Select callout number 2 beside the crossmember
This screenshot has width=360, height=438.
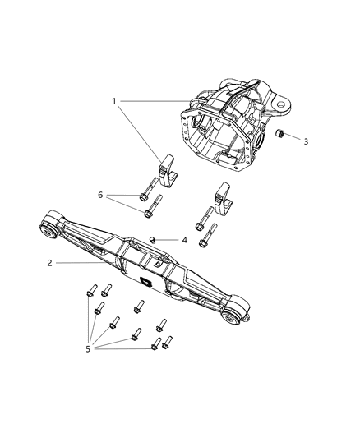click(50, 263)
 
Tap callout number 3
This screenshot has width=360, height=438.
click(306, 141)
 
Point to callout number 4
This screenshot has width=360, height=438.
click(184, 241)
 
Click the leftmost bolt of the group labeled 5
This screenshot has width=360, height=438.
click(91, 292)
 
